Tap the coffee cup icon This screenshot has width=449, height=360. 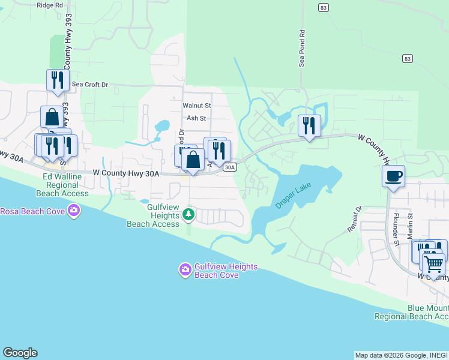click(393, 176)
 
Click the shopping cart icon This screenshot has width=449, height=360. click(433, 263)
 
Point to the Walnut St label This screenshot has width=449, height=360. click(197, 106)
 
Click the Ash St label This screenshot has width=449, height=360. click(196, 118)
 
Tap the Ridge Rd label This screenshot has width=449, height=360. click(50, 5)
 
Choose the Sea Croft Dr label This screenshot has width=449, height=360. click(90, 85)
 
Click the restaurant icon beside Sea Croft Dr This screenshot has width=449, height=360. click(58, 80)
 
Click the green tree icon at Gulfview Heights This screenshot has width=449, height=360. click(188, 214)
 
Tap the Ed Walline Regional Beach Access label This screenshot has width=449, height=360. click(65, 185)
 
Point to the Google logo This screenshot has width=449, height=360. click(20, 353)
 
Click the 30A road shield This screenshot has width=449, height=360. click(229, 168)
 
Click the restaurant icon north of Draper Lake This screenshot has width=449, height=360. click(309, 125)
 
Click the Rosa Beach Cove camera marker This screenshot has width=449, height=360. click(74, 211)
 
